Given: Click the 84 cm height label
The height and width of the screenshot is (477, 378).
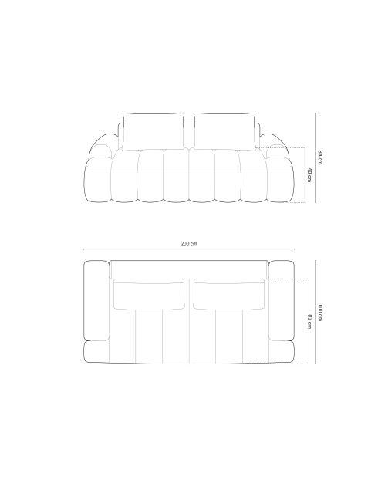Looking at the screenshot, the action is pyautogui.click(x=319, y=157).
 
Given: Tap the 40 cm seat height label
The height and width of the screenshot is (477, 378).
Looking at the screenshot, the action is pyautogui.click(x=309, y=174).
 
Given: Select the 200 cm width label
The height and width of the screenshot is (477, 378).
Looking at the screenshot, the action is pyautogui.click(x=189, y=244).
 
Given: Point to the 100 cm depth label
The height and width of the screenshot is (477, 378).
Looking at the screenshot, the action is pyautogui.click(x=319, y=312).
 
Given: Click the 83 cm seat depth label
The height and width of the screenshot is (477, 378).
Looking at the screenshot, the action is pyautogui.click(x=309, y=321).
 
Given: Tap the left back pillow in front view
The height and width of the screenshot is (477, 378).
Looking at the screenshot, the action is pyautogui.click(x=154, y=131).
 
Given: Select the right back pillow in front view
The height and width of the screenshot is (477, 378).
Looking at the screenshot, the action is pyautogui.click(x=224, y=131).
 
